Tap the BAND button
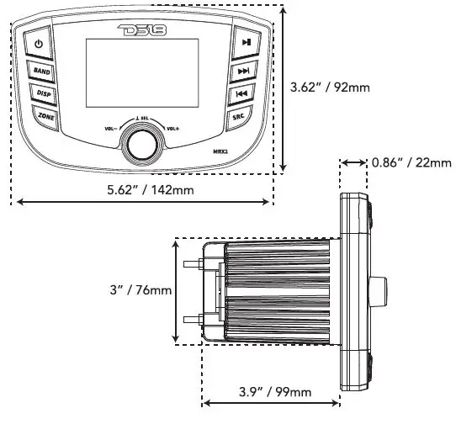pyautogui.click(x=41, y=72)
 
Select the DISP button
pyautogui.click(x=43, y=94)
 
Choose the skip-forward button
pyautogui.click(x=243, y=71)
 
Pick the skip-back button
pyautogui.click(x=241, y=94)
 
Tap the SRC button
pyautogui.click(x=238, y=118)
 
